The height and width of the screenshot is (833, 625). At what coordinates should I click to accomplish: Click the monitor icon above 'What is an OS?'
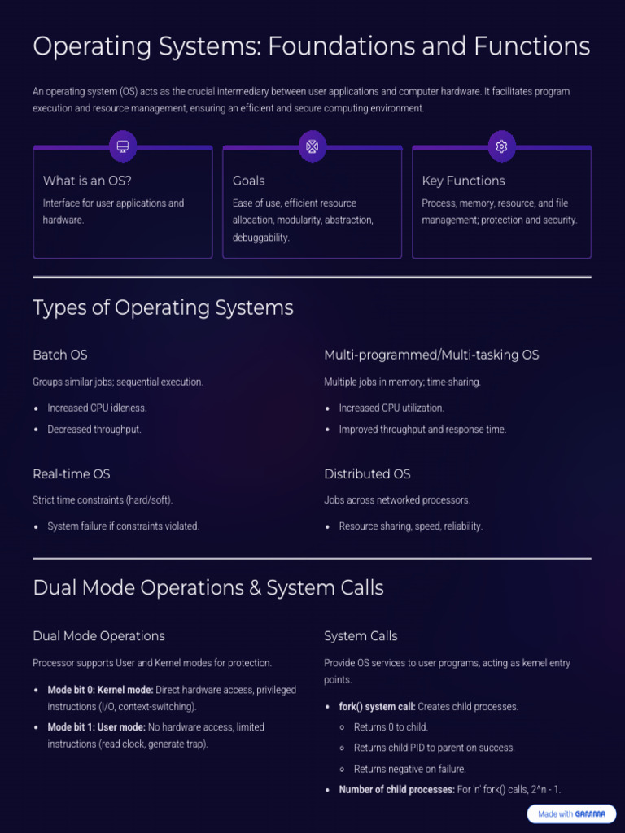123,146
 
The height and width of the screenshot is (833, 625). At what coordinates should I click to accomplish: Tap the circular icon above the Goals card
312,146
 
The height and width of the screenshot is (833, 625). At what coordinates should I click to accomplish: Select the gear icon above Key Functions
501,146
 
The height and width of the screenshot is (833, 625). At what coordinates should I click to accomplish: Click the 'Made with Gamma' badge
571,813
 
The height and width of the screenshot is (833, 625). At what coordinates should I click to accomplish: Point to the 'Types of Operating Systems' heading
163,307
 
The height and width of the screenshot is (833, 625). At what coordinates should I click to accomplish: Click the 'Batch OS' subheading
60,355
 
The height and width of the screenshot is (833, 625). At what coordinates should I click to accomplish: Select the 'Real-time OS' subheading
72,473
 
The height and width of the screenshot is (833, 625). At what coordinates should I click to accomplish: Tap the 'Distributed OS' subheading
367,473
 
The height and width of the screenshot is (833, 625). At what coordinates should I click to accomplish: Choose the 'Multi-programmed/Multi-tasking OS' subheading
431,355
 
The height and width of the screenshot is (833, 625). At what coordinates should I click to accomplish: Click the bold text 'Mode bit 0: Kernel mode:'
100,690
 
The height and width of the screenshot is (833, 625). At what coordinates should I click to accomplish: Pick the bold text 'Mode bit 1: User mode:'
96,727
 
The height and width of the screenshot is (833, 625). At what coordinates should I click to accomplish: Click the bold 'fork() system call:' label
377,707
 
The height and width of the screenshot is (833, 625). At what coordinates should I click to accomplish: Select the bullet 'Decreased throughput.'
94,430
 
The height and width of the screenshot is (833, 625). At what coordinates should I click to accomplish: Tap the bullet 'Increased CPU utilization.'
391,408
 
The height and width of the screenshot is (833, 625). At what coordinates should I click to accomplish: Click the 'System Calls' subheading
361,636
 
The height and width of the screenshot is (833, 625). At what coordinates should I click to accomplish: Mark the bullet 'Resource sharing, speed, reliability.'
410,526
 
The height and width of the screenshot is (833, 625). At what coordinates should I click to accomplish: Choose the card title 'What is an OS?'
87,181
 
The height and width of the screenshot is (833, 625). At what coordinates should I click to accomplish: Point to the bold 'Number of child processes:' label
396,790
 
